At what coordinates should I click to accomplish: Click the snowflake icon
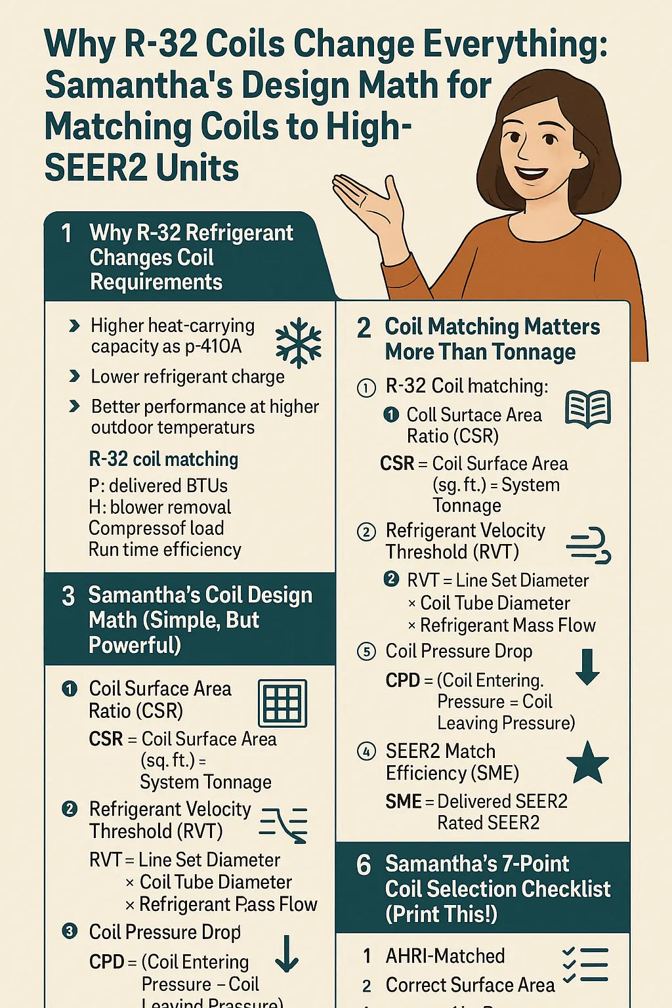point(299,343)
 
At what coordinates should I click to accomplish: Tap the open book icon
point(588,408)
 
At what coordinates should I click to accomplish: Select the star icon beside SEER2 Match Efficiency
point(587,763)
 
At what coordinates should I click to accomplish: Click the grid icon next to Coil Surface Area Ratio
point(283,703)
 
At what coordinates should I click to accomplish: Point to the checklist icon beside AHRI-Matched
point(585,965)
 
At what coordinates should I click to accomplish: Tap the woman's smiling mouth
point(530,175)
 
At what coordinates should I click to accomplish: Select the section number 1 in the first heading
point(66,233)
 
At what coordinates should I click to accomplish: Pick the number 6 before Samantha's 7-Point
point(364,865)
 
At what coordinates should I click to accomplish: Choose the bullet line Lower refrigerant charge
point(188,377)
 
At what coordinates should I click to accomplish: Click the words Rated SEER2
point(488,823)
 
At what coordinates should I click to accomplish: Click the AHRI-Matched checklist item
point(445,956)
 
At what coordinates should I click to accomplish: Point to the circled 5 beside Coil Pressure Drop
point(366,652)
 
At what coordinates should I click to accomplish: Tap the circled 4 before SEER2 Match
point(366,751)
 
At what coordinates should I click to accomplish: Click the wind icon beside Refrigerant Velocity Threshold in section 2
point(588,545)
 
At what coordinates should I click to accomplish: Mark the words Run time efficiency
point(165,549)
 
